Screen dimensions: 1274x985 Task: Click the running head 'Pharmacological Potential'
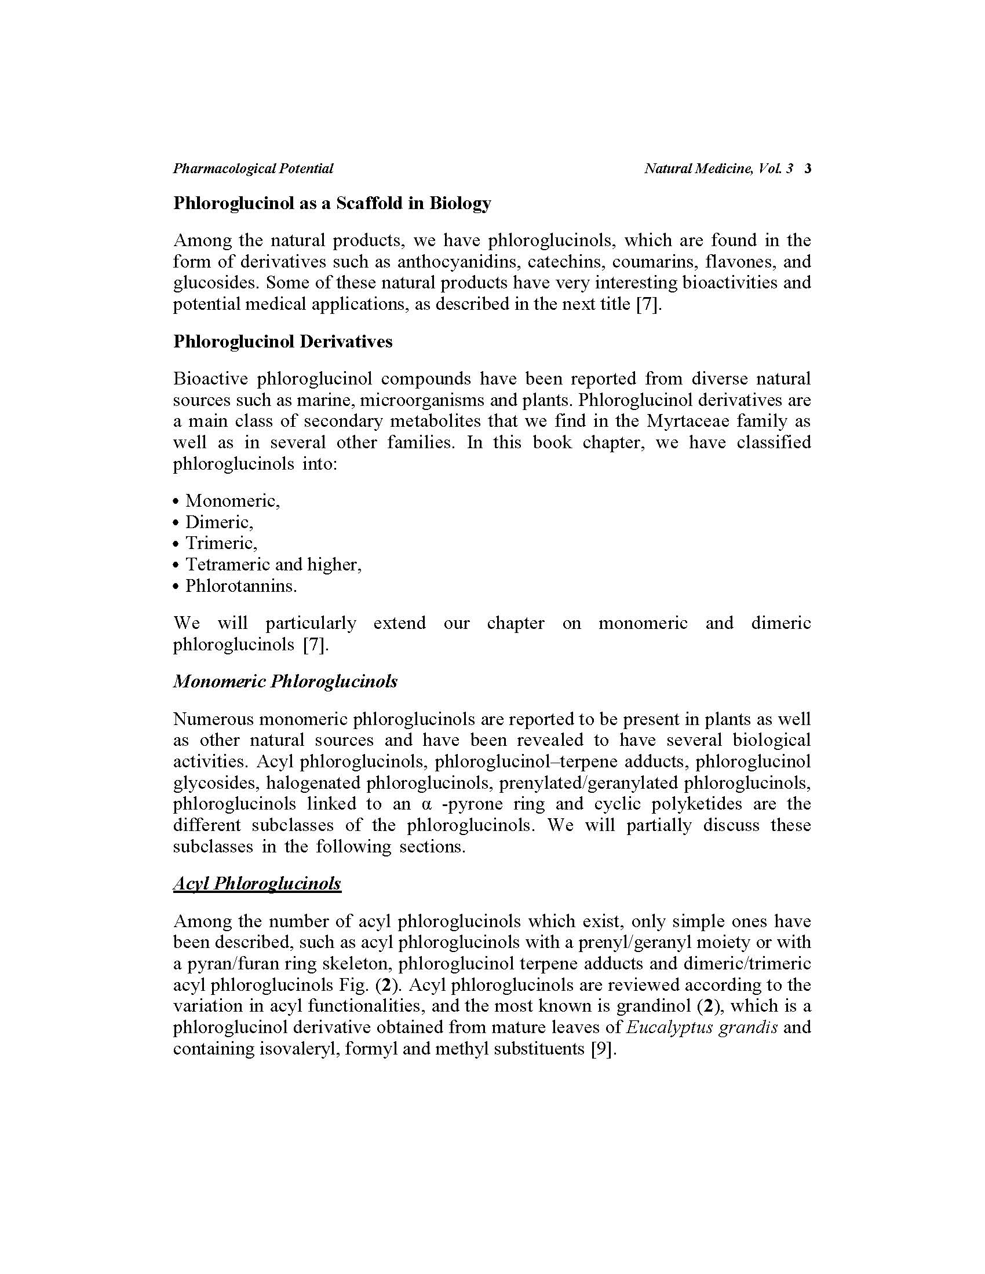[x=253, y=169]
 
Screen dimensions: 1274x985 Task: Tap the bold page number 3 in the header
[x=807, y=169]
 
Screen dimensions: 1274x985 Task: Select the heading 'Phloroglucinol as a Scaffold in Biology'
[x=332, y=203]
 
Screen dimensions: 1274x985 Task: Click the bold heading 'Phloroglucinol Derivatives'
[x=282, y=341]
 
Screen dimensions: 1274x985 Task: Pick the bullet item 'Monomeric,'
[x=232, y=500]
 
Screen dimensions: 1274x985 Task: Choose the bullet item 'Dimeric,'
[x=219, y=522]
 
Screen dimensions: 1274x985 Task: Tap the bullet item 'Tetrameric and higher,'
[x=273, y=564]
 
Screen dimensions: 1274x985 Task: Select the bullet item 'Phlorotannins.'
[x=241, y=585]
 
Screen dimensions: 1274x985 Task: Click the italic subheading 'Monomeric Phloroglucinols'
[x=284, y=682]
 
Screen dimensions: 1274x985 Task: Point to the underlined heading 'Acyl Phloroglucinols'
[x=257, y=883]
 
